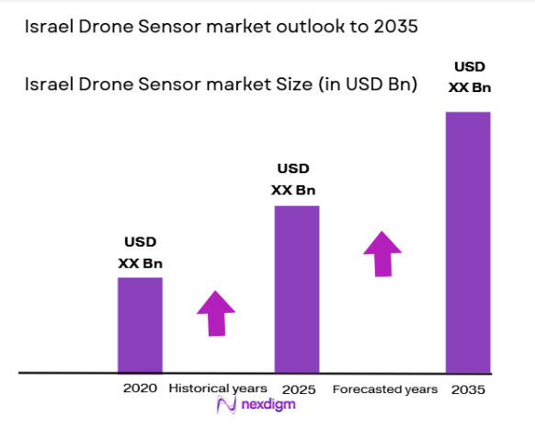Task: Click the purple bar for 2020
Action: (x=140, y=324)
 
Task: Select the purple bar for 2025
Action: (x=297, y=288)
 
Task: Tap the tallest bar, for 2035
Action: (x=468, y=242)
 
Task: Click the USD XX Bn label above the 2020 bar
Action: (x=140, y=252)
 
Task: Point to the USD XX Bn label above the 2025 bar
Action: (x=293, y=179)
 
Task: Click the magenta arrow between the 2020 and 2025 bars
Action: (x=216, y=313)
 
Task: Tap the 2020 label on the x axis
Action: (x=140, y=388)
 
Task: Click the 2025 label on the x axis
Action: (x=299, y=388)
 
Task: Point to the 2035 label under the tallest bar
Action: (x=469, y=389)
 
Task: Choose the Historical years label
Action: (x=218, y=388)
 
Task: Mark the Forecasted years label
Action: (x=384, y=389)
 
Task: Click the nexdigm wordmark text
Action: (x=270, y=405)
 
